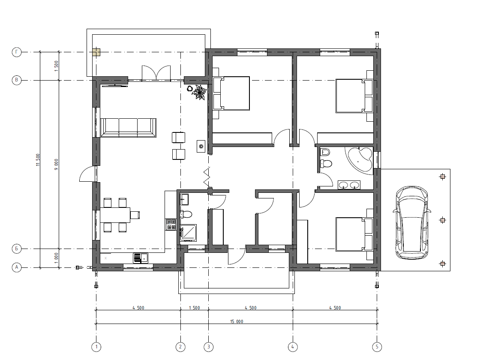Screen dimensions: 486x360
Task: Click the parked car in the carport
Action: [x=411, y=222]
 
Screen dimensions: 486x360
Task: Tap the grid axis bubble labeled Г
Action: [x=17, y=52]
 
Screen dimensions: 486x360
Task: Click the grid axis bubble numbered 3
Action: [x=209, y=347]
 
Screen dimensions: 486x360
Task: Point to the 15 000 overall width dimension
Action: [x=237, y=321]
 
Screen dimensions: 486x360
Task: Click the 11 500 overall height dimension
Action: [x=38, y=160]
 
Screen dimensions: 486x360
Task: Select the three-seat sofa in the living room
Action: [x=128, y=127]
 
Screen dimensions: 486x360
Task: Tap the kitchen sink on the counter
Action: [x=141, y=258]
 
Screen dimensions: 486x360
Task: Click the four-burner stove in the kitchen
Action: [x=171, y=225]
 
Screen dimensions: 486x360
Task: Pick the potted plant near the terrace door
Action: [x=199, y=93]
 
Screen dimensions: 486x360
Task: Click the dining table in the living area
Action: [x=115, y=215]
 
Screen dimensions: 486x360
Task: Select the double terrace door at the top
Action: [x=156, y=73]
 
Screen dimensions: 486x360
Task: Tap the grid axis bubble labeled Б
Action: [x=17, y=249]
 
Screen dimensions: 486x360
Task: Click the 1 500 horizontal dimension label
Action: [x=194, y=308]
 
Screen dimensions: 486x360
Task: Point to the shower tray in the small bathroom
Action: [x=189, y=233]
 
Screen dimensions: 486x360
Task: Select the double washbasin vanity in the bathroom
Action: [x=349, y=185]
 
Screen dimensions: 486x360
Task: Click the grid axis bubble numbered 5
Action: [x=377, y=347]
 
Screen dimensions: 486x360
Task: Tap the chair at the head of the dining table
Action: [x=135, y=215]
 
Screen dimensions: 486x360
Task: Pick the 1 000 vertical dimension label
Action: [x=56, y=258]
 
